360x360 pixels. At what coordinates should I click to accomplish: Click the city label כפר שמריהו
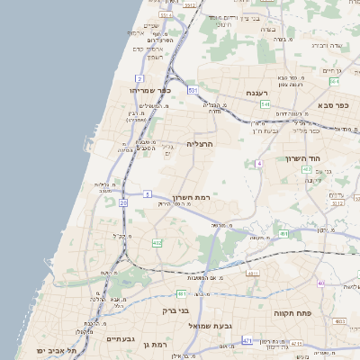click(148, 91)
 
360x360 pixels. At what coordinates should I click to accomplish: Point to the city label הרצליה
click(199, 143)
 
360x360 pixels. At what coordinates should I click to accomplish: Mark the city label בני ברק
click(175, 310)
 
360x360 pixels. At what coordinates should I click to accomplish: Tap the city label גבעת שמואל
click(199, 324)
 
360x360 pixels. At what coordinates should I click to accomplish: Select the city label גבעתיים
click(121, 339)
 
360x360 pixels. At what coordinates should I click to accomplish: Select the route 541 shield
click(265, 104)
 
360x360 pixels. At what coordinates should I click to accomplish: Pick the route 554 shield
click(334, 82)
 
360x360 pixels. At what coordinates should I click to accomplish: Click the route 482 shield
click(157, 243)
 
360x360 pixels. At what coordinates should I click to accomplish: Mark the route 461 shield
click(283, 234)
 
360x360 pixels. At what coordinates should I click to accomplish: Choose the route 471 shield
click(247, 341)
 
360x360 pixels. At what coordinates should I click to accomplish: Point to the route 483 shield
click(339, 321)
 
